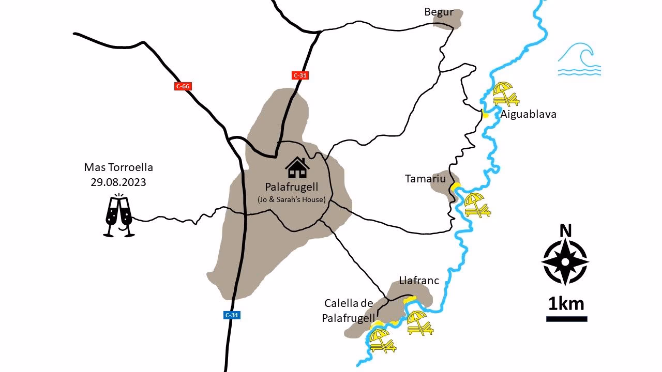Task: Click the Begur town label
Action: tap(439, 12)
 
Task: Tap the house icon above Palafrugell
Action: tap(297, 167)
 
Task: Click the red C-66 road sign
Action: tap(183, 86)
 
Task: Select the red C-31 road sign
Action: tap(300, 75)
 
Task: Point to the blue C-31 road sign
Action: tap(232, 315)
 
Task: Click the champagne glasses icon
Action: tap(119, 216)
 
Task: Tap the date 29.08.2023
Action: tap(118, 182)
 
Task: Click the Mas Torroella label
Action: tap(118, 168)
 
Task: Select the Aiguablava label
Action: tap(528, 114)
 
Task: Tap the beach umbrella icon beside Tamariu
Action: tap(477, 205)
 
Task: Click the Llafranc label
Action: tap(419, 281)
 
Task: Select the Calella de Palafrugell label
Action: tap(348, 311)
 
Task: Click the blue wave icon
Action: tap(579, 60)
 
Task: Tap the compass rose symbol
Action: tap(565, 262)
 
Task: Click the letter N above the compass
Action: tap(566, 230)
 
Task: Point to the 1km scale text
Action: tap(566, 303)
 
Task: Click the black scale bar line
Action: tap(566, 319)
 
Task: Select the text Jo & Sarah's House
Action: tap(291, 199)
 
